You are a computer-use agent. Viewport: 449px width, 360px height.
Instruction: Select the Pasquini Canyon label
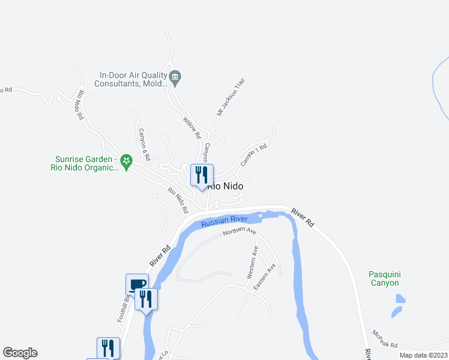pos(384,278)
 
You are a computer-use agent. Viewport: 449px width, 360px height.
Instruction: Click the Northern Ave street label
pos(240,232)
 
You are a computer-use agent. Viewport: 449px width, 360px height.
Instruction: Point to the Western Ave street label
pos(253,262)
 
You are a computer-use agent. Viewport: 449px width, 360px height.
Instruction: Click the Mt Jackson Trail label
pos(231,97)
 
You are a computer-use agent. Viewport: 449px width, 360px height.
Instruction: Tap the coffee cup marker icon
pos(137,284)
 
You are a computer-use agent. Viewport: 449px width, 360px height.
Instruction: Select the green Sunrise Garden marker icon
pos(126,161)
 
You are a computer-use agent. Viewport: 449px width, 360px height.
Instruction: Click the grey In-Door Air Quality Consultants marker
pos(175,76)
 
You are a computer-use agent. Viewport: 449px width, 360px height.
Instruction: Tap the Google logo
pos(20,353)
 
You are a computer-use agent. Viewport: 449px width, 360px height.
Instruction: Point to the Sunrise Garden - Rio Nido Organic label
pos(83,163)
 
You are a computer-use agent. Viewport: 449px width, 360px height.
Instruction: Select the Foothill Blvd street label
pos(123,308)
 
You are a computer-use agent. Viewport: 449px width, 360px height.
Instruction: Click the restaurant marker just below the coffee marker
pos(146,299)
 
